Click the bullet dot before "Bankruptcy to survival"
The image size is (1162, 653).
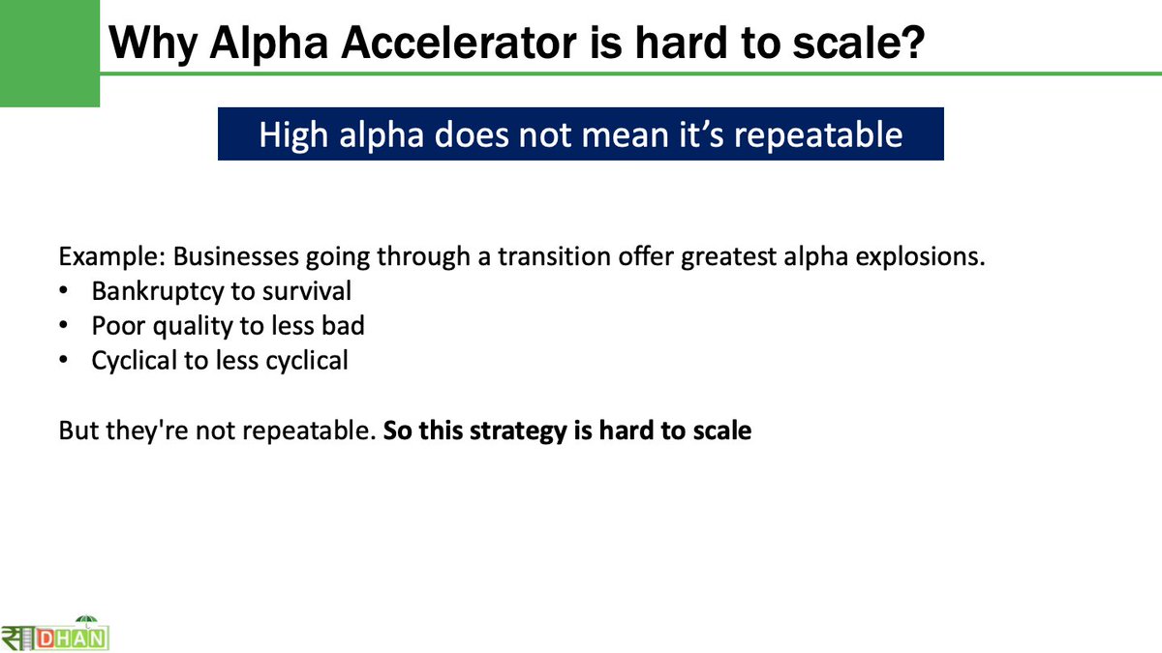pyautogui.click(x=64, y=291)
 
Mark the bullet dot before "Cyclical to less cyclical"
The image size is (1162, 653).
pyautogui.click(x=64, y=361)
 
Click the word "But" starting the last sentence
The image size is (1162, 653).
pyautogui.click(x=77, y=430)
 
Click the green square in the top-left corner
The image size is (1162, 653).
pyautogui.click(x=48, y=53)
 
